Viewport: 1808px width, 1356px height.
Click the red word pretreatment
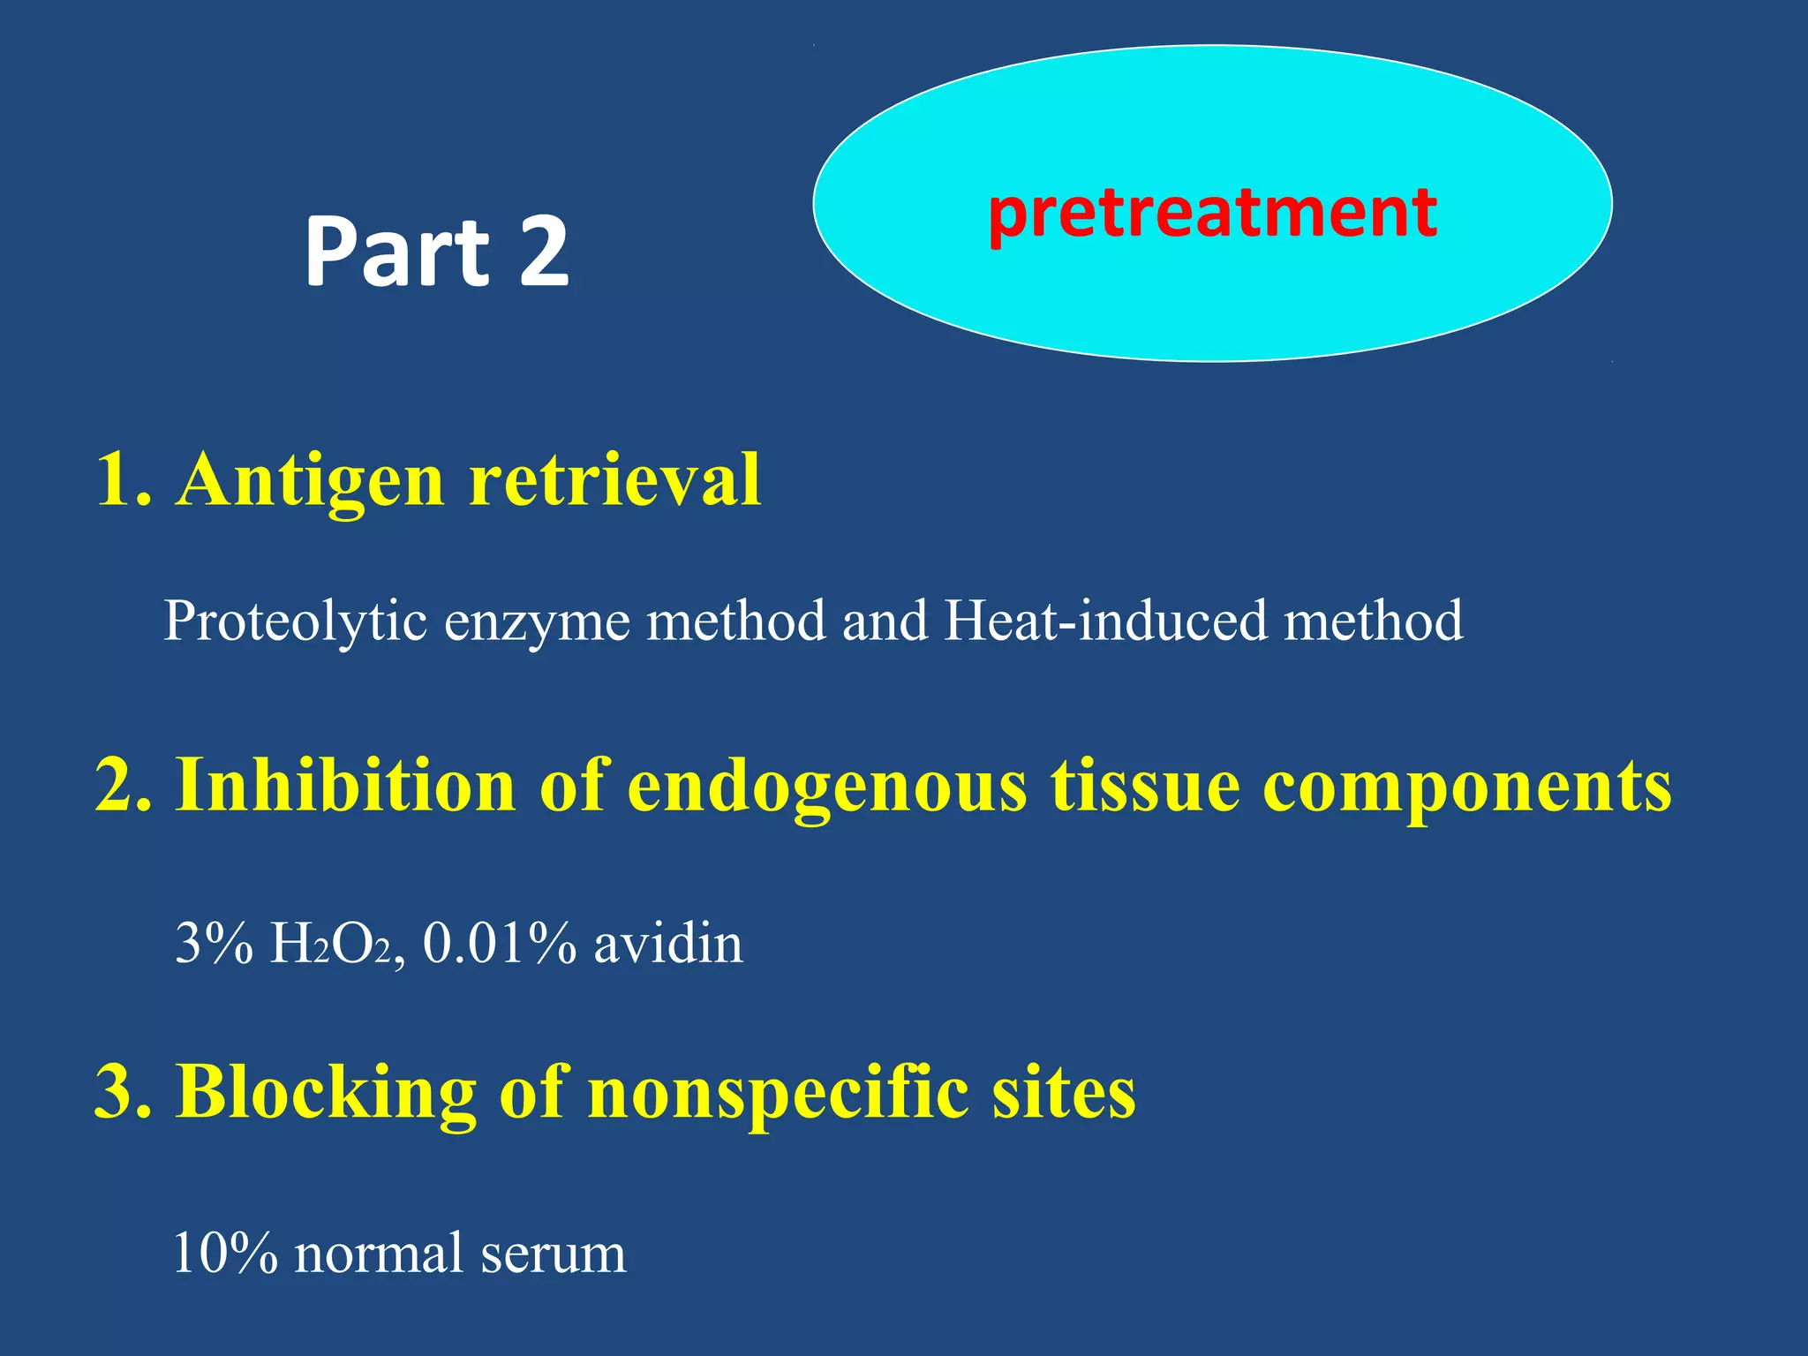[x=1212, y=215]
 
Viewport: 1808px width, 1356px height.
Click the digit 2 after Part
[x=544, y=253]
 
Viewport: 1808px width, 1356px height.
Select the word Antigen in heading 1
[x=310, y=481]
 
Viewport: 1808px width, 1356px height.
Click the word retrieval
[x=614, y=481]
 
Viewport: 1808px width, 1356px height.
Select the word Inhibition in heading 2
[x=345, y=786]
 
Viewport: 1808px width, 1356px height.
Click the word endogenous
[x=827, y=786]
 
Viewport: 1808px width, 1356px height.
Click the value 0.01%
[x=500, y=945]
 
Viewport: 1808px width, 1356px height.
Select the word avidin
[x=668, y=945]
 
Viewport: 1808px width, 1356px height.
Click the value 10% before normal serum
[x=226, y=1254]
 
